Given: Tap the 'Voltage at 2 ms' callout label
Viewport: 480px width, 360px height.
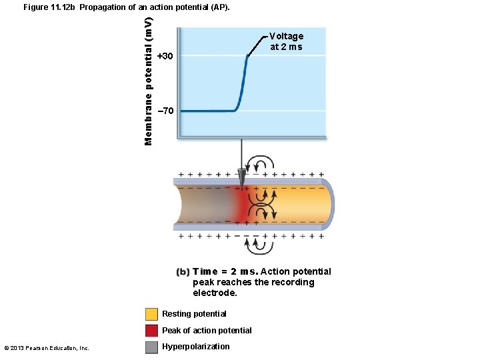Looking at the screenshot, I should coord(286,41).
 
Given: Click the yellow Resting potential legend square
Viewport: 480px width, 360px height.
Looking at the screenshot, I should coord(151,314).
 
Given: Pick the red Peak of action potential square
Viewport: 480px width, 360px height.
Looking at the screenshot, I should coord(151,331).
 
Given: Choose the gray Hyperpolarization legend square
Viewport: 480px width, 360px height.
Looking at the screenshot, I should coord(151,347).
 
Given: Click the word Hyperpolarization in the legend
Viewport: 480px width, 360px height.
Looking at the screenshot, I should coord(195,347).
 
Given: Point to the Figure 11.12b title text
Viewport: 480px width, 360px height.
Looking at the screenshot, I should coord(126,7).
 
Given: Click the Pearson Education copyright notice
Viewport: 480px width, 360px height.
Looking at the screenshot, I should coord(47,348).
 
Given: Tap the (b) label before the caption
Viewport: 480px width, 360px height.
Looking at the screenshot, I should coord(183,272).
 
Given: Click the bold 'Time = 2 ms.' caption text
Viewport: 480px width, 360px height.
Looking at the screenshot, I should coord(225,271).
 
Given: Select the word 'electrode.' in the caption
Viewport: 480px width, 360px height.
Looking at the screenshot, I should coord(215,293).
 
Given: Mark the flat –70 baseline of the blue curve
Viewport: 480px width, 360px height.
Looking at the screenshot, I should coord(207,111).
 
